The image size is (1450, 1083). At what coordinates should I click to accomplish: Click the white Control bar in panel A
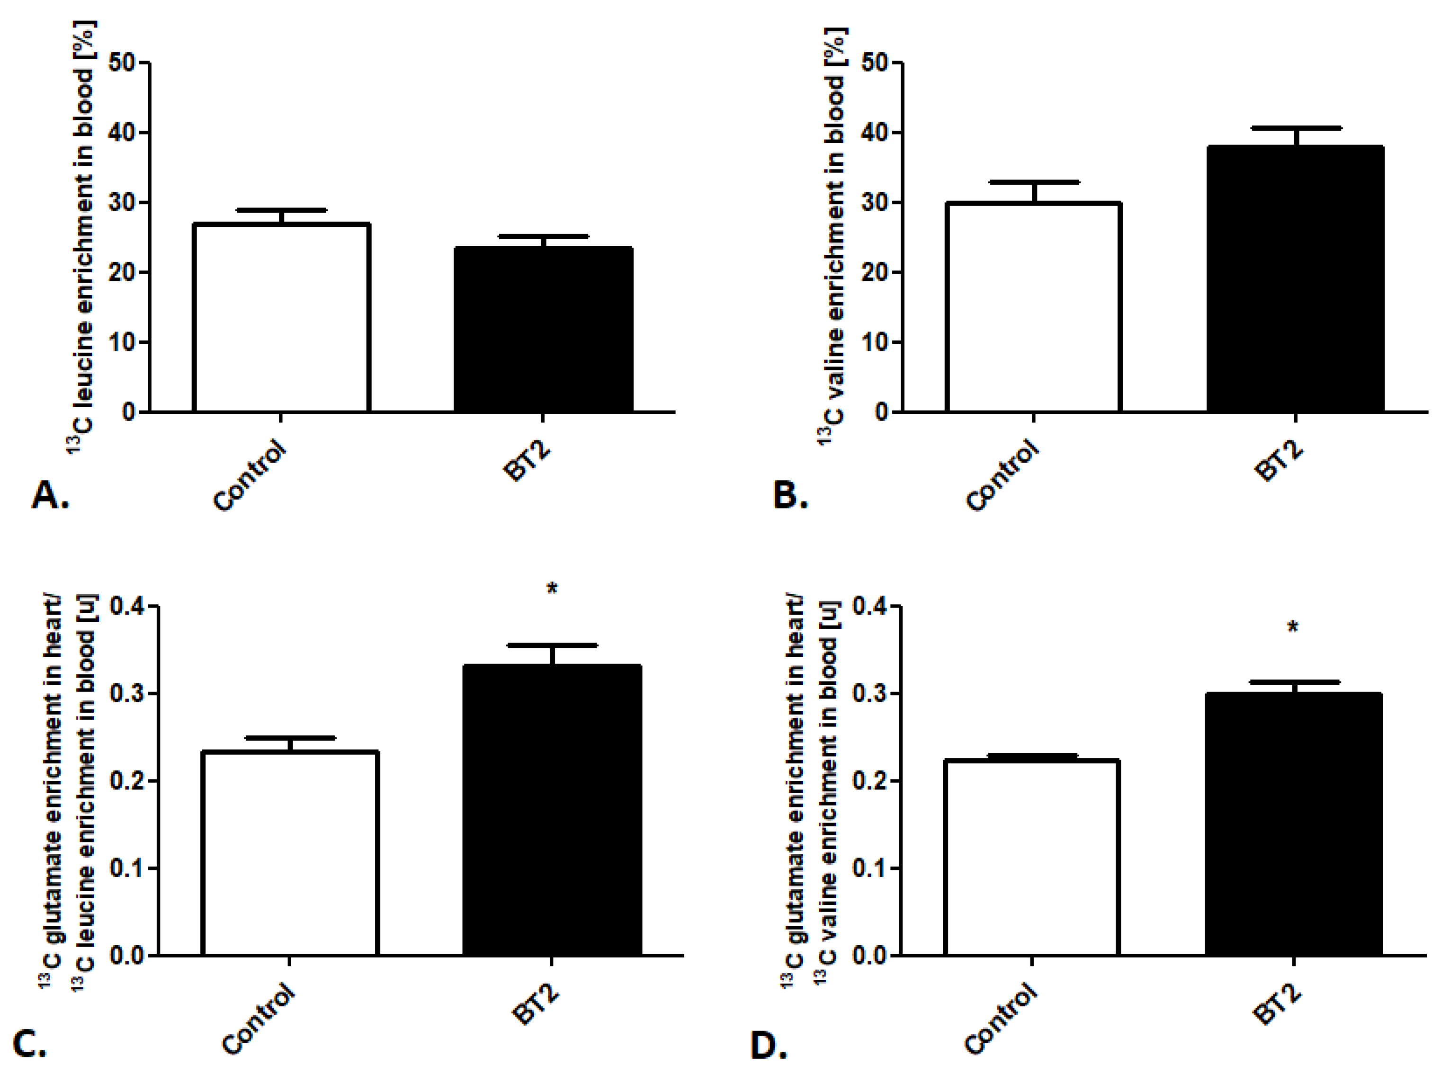282,318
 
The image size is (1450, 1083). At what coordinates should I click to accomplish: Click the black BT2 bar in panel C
552,810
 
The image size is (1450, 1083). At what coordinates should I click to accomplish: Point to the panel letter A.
49,495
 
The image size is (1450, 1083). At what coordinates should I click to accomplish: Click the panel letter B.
790,495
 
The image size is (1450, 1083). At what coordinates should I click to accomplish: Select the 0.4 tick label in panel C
127,607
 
